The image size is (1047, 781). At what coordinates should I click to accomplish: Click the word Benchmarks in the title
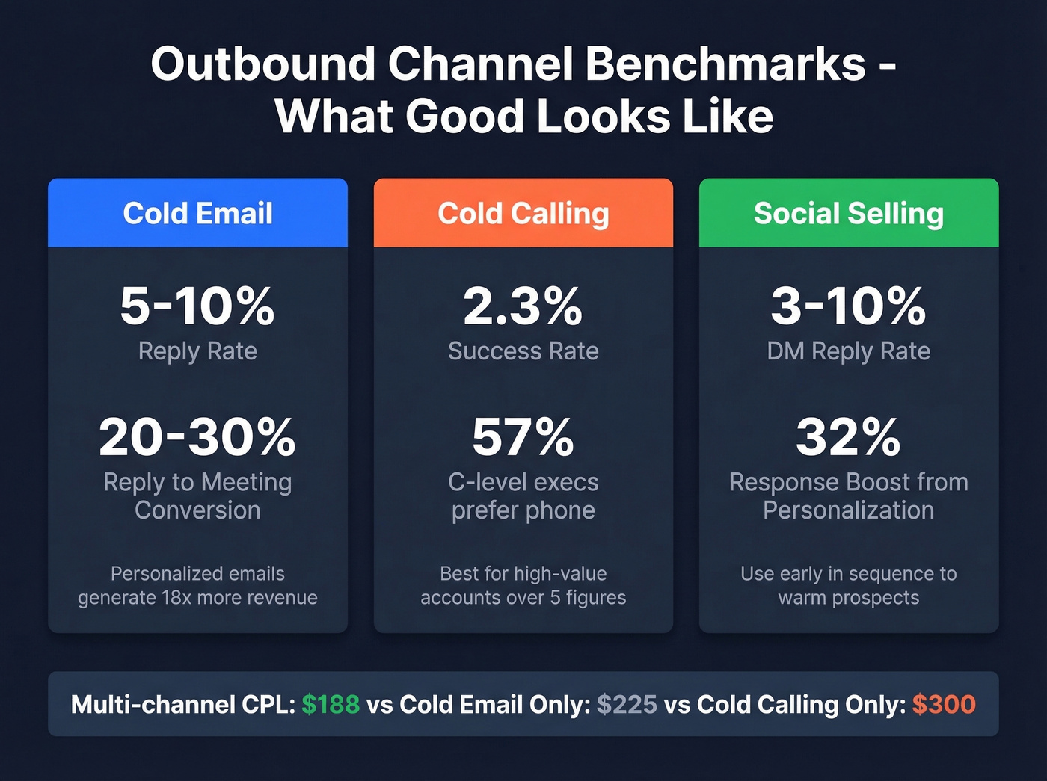point(725,64)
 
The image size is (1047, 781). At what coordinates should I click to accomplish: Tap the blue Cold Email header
point(197,213)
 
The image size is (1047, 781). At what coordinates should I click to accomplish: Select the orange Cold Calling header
point(523,213)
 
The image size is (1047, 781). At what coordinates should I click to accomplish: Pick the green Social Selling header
point(848,213)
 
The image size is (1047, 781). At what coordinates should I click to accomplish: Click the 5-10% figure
point(197,306)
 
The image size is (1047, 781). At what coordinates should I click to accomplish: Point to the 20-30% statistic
point(197,436)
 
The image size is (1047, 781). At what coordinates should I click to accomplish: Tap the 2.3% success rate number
point(523,306)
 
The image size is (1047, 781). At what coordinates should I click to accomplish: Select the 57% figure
point(523,436)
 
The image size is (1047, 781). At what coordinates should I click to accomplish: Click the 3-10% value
point(848,306)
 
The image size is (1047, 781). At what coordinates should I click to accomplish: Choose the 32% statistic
point(848,436)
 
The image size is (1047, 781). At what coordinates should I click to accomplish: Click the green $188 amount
point(331,704)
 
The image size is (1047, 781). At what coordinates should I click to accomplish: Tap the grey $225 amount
point(627,704)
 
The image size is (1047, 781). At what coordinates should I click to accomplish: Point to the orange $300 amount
point(944,704)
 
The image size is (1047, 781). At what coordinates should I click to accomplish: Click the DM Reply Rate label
point(848,351)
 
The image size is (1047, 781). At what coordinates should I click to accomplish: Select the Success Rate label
point(523,351)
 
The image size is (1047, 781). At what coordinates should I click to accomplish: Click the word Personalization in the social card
point(848,510)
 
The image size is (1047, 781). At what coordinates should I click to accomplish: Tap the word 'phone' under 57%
point(559,510)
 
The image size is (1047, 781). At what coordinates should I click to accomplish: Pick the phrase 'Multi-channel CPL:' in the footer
point(183,704)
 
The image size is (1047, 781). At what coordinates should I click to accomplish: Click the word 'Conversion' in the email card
point(197,510)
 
